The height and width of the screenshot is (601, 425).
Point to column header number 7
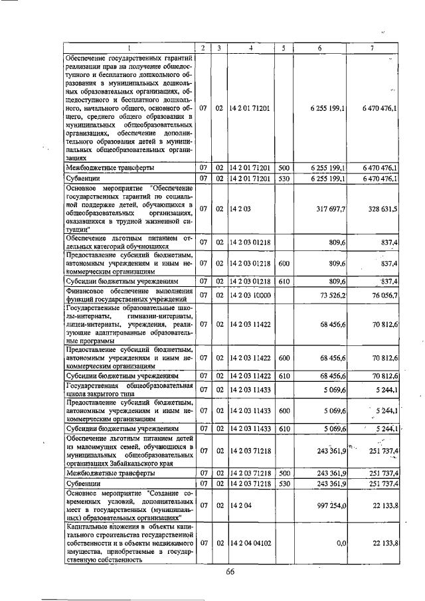(373, 48)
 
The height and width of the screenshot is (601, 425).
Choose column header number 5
(284, 48)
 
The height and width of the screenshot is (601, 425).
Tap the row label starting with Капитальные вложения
(129, 543)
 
